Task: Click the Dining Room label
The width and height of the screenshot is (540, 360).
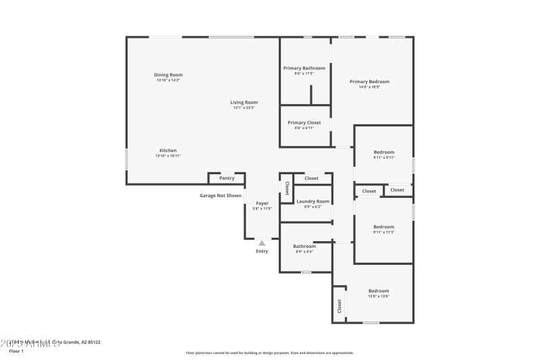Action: (x=168, y=75)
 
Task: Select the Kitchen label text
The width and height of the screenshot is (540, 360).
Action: (x=168, y=151)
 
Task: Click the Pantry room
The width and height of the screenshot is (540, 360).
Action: (x=227, y=178)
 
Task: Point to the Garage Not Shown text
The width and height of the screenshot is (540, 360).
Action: (x=220, y=196)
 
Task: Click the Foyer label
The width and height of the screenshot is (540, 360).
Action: (x=262, y=203)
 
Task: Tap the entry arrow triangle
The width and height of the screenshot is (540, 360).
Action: (x=262, y=242)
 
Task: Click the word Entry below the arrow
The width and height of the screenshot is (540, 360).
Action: (x=262, y=251)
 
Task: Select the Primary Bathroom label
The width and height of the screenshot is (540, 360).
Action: (x=304, y=68)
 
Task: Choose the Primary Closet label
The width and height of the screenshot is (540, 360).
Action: (x=304, y=123)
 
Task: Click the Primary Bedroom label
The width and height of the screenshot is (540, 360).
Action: (x=369, y=82)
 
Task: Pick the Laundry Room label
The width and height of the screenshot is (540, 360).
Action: (x=313, y=201)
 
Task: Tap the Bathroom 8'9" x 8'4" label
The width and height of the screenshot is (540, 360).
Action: (x=304, y=247)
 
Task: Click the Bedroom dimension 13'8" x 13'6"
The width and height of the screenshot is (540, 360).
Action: (x=379, y=297)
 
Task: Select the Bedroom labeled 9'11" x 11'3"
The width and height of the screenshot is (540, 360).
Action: (x=383, y=227)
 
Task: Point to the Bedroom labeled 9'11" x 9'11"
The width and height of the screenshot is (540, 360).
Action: (x=383, y=153)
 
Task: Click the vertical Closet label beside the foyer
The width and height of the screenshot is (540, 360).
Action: (x=287, y=188)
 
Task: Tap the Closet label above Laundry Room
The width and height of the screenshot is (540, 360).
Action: (x=311, y=178)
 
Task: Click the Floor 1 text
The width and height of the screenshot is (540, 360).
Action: (x=16, y=351)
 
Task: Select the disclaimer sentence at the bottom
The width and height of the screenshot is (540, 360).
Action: (x=269, y=353)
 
